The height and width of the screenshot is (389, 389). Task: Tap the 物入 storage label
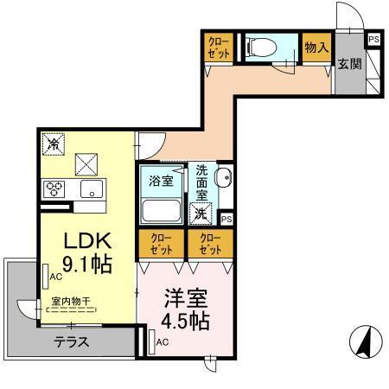tap(316, 49)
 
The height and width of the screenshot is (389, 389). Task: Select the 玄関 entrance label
tap(349, 63)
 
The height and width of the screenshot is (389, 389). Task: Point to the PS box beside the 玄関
tap(373, 39)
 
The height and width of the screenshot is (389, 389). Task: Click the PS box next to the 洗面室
tap(226, 220)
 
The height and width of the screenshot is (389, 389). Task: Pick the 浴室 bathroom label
tap(161, 181)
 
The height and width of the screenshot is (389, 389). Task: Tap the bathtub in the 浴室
tap(162, 212)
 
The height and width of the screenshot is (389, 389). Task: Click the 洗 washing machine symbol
tap(201, 212)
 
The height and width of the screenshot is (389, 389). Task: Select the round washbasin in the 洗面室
tap(221, 182)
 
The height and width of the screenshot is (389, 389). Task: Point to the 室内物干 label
tap(73, 302)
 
